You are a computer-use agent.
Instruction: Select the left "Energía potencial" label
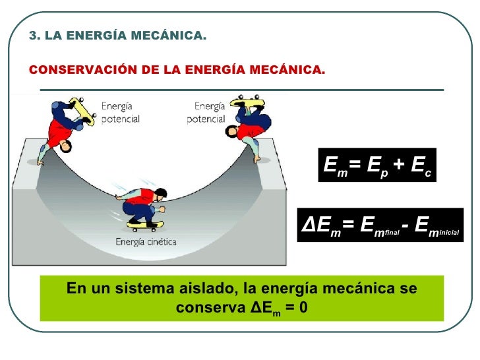click(x=121, y=113)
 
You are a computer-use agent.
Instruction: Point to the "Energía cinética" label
click(x=146, y=241)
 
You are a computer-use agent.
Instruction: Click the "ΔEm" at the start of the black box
click(x=321, y=226)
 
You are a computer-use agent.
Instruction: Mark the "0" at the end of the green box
click(x=303, y=308)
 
